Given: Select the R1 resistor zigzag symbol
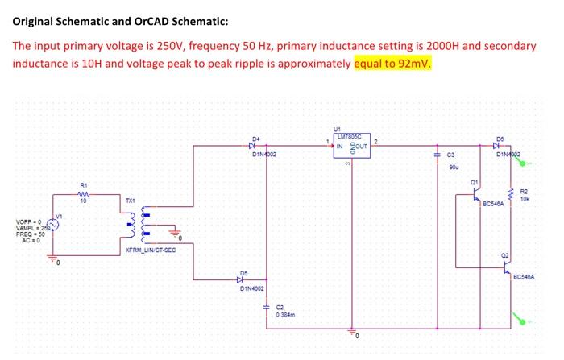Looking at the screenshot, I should click(x=85, y=194).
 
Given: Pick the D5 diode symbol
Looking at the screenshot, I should click(x=242, y=279).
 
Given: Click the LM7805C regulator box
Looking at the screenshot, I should click(x=350, y=147).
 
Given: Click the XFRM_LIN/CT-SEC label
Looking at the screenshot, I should click(x=150, y=250).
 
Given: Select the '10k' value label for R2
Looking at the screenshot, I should click(x=525, y=197).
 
